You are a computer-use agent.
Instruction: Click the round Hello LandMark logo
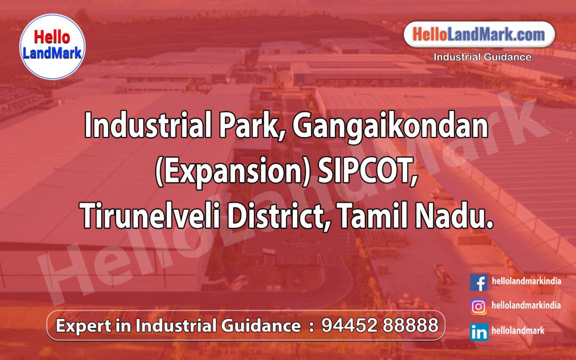click(52, 46)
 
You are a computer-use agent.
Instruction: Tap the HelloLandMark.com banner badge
click(479, 35)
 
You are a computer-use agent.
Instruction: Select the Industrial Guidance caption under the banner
click(482, 57)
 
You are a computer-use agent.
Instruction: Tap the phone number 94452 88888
click(380, 325)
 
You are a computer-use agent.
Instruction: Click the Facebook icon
click(478, 282)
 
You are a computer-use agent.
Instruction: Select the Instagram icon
click(478, 307)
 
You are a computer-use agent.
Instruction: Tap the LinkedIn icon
click(478, 332)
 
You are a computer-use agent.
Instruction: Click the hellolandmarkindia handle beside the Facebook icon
click(526, 281)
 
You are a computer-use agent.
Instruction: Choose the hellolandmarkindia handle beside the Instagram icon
click(526, 306)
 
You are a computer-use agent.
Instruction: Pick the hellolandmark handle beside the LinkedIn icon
click(518, 331)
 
